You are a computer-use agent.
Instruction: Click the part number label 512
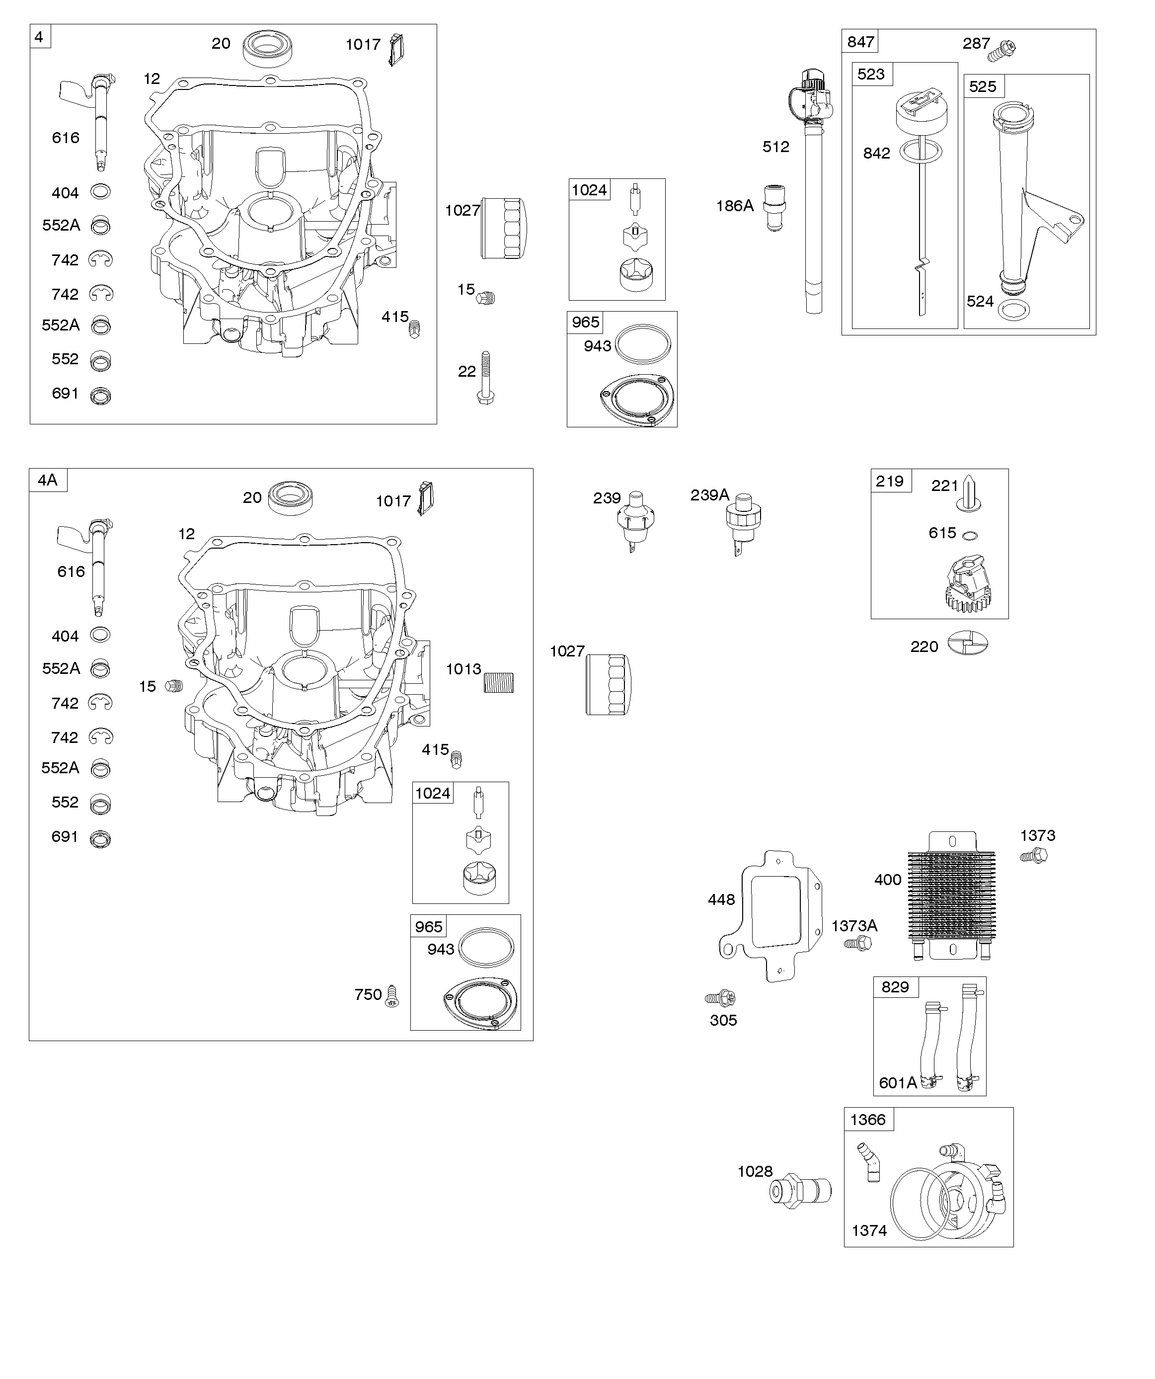click(x=775, y=147)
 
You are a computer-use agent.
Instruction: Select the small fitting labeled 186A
click(x=775, y=208)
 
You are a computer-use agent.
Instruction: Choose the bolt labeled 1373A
click(x=857, y=944)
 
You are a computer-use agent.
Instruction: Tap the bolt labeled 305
click(x=720, y=998)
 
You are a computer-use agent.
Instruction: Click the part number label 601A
click(x=898, y=1083)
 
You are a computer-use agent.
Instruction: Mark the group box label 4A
click(x=48, y=480)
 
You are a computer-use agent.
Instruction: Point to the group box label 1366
click(x=868, y=1120)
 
